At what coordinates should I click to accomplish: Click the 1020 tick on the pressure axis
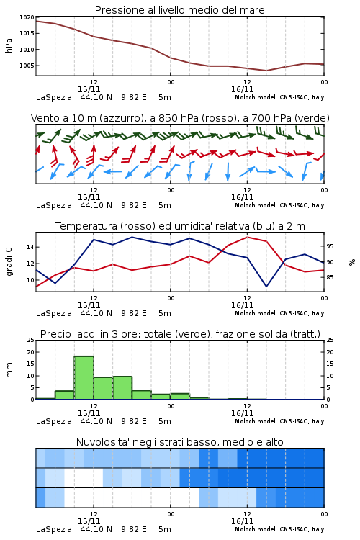click(x=27, y=17)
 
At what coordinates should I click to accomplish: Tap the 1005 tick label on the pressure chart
click(x=27, y=66)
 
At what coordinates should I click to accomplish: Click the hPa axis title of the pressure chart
click(x=9, y=46)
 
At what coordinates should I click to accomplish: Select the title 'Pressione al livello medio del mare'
click(x=179, y=10)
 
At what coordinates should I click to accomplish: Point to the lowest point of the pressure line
click(x=266, y=71)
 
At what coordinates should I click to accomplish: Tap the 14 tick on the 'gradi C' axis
click(x=30, y=247)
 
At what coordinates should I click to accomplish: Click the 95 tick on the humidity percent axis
click(x=330, y=246)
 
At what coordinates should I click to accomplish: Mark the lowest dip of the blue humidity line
click(x=266, y=286)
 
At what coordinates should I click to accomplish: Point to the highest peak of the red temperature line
click(x=247, y=237)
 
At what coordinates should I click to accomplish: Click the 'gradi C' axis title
click(x=9, y=261)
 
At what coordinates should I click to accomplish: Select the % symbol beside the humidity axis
click(x=352, y=262)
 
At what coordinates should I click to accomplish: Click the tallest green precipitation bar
click(x=84, y=378)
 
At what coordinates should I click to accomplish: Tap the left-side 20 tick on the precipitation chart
click(x=31, y=352)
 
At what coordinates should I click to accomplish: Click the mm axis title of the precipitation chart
click(x=9, y=369)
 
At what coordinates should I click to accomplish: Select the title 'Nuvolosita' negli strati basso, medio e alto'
click(x=179, y=442)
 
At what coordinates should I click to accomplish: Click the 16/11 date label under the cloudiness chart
click(x=242, y=521)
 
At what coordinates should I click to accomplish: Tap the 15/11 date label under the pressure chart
click(x=89, y=89)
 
